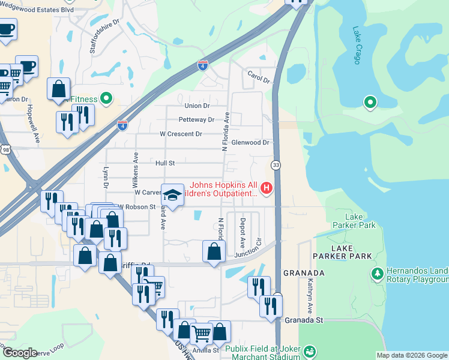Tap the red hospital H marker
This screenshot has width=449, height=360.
pyautogui.click(x=266, y=189)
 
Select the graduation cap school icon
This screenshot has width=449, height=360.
pyautogui.click(x=172, y=195)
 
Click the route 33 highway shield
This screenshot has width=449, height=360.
pyautogui.click(x=276, y=164)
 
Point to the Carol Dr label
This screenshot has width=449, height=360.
pyautogui.click(x=259, y=76)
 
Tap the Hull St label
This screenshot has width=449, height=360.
pyautogui.click(x=164, y=163)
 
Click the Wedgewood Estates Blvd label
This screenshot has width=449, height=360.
pyautogui.click(x=37, y=10)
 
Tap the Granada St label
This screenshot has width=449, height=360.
pyautogui.click(x=304, y=320)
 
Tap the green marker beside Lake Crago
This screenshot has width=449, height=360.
pyautogui.click(x=370, y=103)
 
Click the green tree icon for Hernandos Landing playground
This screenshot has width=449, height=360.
pyautogui.click(x=377, y=274)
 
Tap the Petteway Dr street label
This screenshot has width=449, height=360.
pyautogui.click(x=196, y=120)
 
